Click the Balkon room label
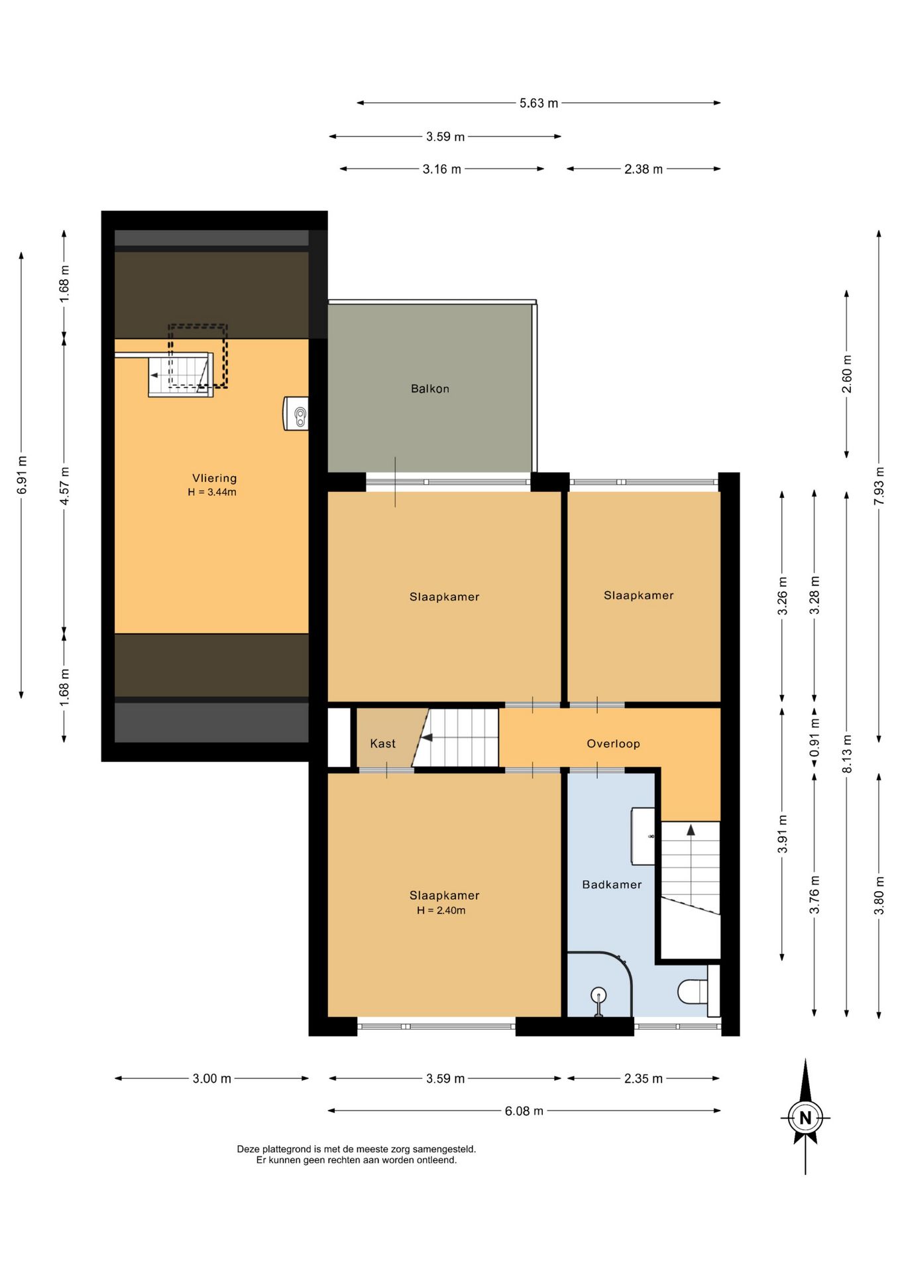click(x=429, y=389)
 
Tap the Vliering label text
click(x=214, y=478)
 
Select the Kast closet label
click(x=382, y=743)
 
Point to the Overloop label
click(x=613, y=744)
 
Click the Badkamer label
click(x=612, y=884)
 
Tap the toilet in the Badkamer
click(x=693, y=991)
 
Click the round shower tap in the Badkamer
click(x=598, y=995)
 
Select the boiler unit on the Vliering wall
click(x=296, y=414)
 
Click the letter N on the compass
click(x=805, y=1118)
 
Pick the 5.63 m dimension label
click(x=539, y=103)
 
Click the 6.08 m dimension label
click(x=524, y=1111)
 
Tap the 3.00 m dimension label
click(x=212, y=1078)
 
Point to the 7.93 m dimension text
click(x=879, y=486)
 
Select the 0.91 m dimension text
click(x=815, y=737)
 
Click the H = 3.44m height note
click(x=212, y=492)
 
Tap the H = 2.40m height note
click(x=441, y=910)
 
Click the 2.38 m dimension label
click(x=643, y=169)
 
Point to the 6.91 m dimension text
click(x=22, y=475)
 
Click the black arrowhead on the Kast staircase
click(x=427, y=737)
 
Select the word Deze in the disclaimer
click(x=248, y=1149)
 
